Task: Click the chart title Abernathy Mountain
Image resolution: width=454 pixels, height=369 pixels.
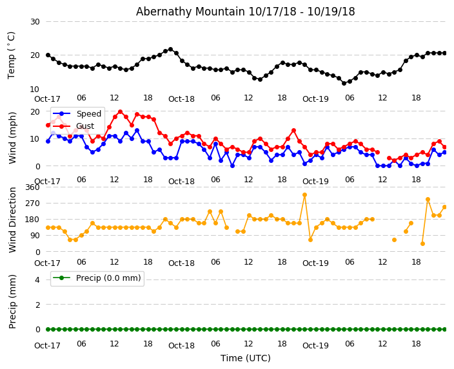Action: point(245,12)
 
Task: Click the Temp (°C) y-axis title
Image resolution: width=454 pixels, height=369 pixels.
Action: point(12,55)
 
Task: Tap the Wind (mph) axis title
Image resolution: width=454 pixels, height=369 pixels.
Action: point(12,137)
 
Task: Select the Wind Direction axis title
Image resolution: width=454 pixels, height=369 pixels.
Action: point(12,220)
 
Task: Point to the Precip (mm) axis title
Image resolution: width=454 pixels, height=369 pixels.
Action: point(12,301)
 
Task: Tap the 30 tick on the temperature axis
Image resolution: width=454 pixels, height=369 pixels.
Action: point(34,22)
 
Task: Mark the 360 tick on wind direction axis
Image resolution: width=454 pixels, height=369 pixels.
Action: point(32,187)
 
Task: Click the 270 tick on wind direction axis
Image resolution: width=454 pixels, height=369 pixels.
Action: point(32,203)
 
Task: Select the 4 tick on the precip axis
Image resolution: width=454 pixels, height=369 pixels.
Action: point(37,279)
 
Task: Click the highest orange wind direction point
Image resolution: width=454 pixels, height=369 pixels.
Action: point(304,194)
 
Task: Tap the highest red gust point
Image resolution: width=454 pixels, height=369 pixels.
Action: point(120,111)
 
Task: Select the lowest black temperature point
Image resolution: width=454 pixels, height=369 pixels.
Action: point(344,83)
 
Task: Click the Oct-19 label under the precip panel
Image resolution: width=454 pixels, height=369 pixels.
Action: point(315,346)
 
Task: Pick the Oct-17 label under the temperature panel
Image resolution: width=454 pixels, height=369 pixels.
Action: point(47,99)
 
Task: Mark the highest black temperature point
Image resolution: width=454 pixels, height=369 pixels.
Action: point(170,49)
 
